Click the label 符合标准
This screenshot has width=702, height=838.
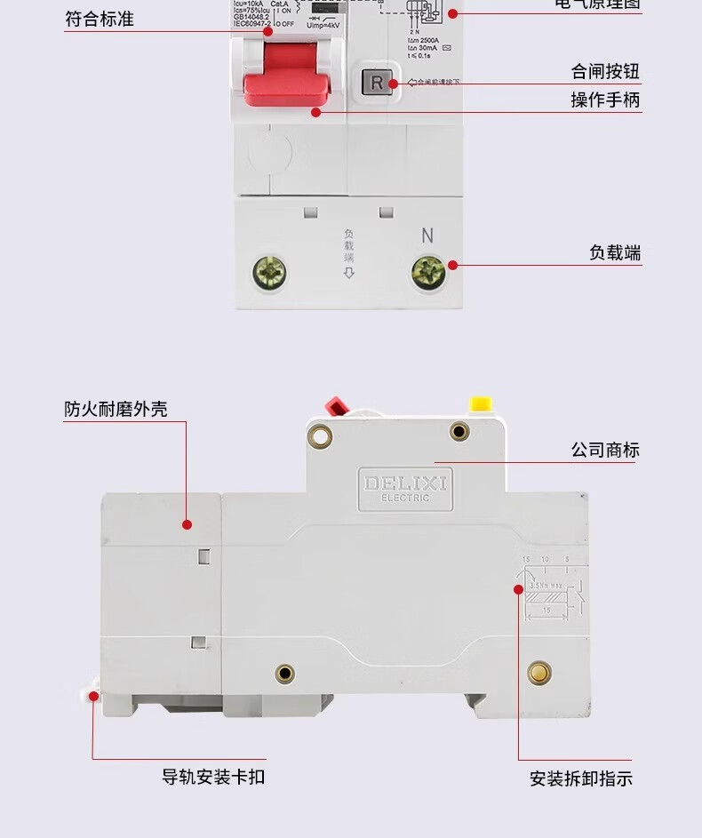pos(100,19)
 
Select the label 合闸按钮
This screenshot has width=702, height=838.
pos(605,72)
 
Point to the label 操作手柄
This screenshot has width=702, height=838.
pos(605,100)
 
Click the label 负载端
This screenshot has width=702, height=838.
pos(615,253)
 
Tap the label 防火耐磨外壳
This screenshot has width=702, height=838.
pos(116,410)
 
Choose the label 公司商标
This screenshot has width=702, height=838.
pos(605,451)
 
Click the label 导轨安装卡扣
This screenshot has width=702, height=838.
pos(213,777)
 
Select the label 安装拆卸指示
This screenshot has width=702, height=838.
pos(581,779)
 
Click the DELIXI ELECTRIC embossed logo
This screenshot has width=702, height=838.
pos(405,488)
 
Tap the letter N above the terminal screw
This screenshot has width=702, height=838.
pos(427,236)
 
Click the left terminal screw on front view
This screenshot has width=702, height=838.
pos(270,272)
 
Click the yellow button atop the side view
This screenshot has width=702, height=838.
pos(481,404)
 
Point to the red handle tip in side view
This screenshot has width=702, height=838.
pos(337,406)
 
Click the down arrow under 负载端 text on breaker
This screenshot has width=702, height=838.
pos(349,273)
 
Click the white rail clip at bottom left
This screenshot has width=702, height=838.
pos(92,694)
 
